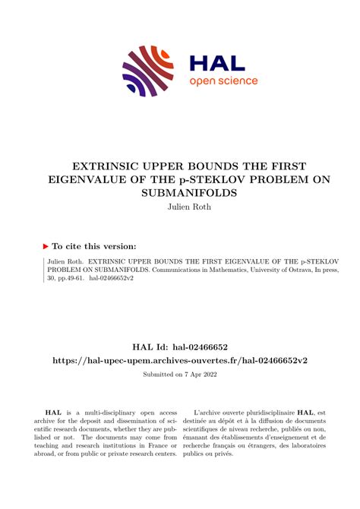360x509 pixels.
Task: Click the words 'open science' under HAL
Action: pyautogui.click(x=223, y=81)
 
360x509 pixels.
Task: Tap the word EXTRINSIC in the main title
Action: pyautogui.click(x=107, y=166)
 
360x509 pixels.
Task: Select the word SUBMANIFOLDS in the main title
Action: pyautogui.click(x=180, y=193)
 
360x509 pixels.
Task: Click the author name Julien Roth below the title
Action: pyautogui.click(x=180, y=207)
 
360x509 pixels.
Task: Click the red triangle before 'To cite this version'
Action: pyautogui.click(x=46, y=246)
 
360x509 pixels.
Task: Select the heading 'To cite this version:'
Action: pyautogui.click(x=95, y=246)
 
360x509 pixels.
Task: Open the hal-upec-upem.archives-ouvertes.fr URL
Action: pyautogui.click(x=180, y=359)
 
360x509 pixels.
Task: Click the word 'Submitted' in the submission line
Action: pyautogui.click(x=156, y=375)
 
